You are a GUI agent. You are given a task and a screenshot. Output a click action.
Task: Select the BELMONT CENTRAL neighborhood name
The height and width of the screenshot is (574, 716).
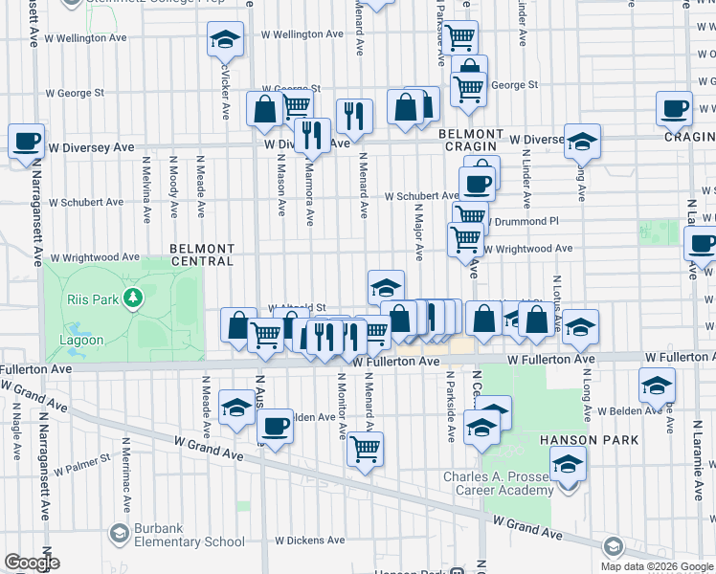[202, 254]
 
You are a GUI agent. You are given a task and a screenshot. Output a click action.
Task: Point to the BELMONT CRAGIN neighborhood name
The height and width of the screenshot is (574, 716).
[471, 141]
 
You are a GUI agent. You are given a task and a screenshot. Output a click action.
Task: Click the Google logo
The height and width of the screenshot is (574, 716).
[32, 563]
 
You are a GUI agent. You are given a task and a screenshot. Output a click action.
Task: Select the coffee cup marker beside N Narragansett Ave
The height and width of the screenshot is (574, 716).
[26, 142]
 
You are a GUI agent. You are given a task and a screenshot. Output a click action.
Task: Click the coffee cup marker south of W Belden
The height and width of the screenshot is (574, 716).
[275, 426]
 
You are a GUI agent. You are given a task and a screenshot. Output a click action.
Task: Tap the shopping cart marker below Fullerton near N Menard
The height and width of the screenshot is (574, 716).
[365, 447]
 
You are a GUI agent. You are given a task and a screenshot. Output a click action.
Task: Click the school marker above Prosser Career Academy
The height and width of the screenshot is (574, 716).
[569, 464]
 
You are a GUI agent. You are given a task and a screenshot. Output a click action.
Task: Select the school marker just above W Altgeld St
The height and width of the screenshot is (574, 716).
[386, 286]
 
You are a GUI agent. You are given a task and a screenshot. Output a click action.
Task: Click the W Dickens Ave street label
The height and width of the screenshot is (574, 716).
[309, 541]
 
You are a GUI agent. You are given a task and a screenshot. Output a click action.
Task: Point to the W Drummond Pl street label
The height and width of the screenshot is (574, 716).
[523, 221]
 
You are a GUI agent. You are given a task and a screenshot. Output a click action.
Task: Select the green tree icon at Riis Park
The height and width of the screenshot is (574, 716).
[133, 299]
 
